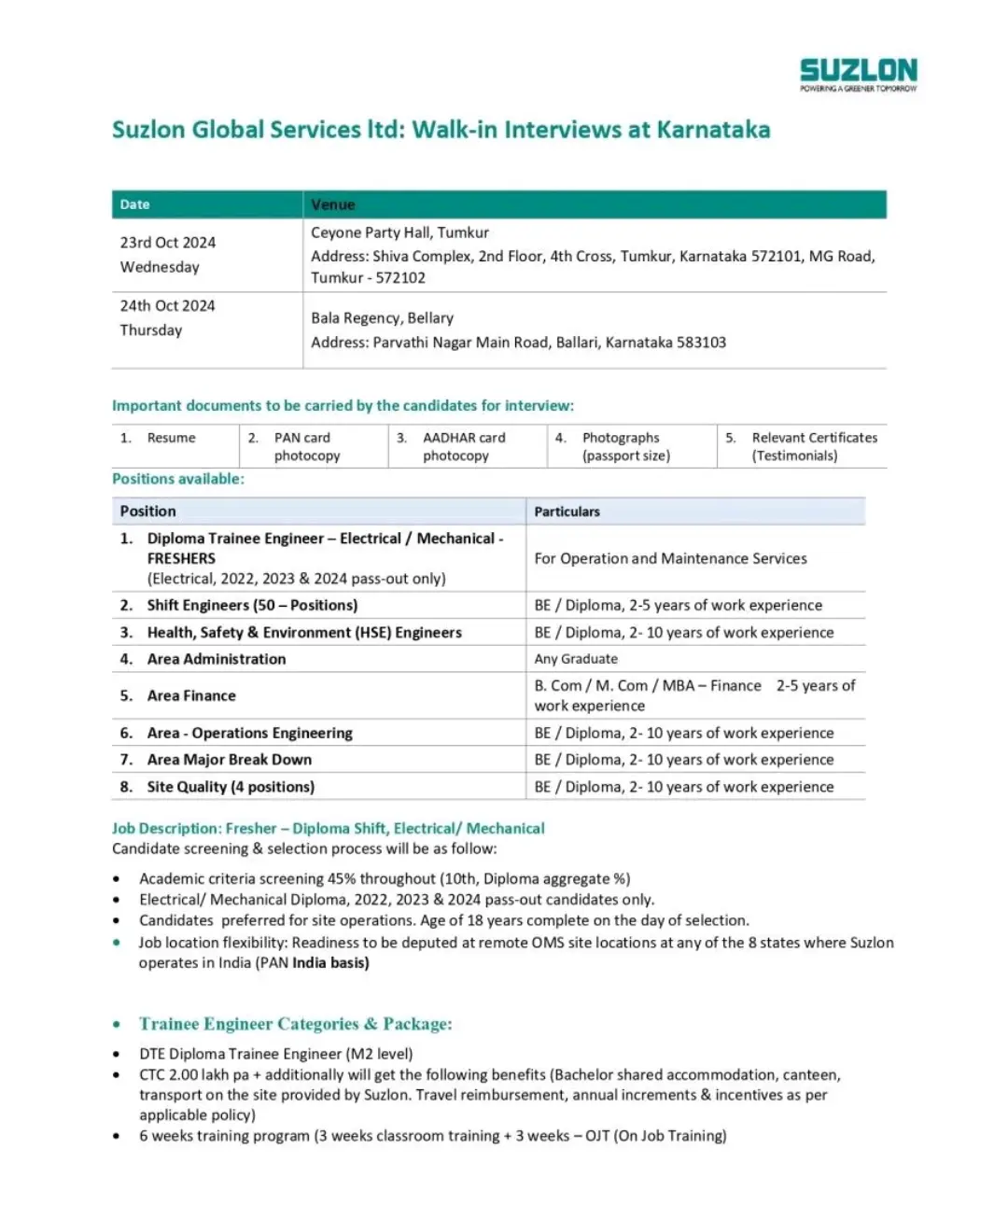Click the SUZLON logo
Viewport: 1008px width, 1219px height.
tap(858, 73)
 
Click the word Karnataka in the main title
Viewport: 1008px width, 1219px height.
tap(713, 130)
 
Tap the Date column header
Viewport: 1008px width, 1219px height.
tap(134, 204)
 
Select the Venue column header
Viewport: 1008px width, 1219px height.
tap(333, 204)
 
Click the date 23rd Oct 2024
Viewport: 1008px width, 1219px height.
tap(168, 243)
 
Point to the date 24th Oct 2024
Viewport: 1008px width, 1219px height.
tap(168, 306)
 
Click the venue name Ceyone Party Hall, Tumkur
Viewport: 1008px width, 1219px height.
tap(399, 232)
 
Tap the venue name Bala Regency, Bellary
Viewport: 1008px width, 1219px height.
tap(382, 318)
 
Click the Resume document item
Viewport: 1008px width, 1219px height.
tap(171, 438)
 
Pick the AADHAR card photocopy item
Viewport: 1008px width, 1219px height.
tap(463, 446)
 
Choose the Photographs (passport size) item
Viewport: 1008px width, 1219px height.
tap(625, 446)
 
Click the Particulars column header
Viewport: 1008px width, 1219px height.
tap(567, 511)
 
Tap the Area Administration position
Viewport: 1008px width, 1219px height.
tap(217, 659)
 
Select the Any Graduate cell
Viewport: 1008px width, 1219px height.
tap(576, 659)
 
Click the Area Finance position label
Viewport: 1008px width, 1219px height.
tap(191, 695)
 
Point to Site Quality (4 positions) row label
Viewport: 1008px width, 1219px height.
tap(231, 787)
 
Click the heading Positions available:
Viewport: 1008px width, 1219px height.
tap(178, 479)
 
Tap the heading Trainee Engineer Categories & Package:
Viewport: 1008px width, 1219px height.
tap(296, 1024)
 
